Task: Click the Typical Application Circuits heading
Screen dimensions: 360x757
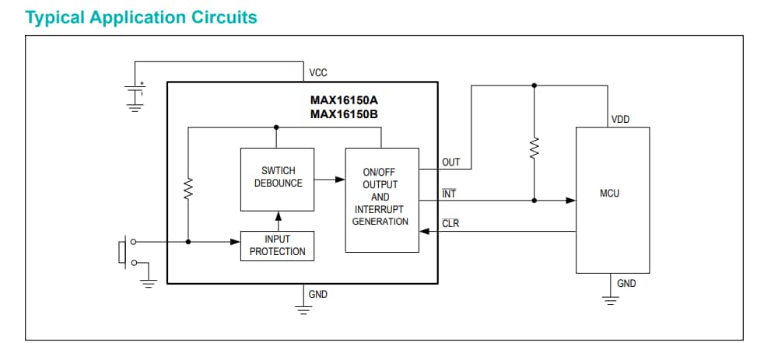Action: click(x=141, y=17)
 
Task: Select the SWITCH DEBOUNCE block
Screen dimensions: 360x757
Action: click(x=278, y=178)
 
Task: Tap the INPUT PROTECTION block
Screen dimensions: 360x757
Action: click(x=278, y=246)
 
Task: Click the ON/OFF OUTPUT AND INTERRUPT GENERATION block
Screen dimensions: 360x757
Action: click(x=380, y=200)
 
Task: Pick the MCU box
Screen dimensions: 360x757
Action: click(x=612, y=200)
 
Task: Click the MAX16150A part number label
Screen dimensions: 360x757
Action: click(x=344, y=100)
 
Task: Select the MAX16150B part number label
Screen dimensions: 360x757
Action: click(x=344, y=114)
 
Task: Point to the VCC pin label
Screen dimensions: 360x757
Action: click(x=318, y=73)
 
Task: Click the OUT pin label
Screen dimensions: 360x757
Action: click(x=451, y=163)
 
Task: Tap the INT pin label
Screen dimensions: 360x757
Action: click(x=449, y=194)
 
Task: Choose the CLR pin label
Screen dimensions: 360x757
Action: click(x=450, y=224)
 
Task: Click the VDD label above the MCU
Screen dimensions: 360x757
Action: click(x=620, y=120)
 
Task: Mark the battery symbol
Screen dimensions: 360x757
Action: click(x=135, y=93)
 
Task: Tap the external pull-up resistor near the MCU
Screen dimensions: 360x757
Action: click(x=534, y=148)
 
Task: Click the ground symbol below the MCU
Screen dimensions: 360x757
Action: click(x=611, y=300)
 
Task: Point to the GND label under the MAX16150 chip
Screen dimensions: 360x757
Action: click(x=318, y=295)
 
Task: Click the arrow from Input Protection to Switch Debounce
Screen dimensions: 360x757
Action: click(x=278, y=221)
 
